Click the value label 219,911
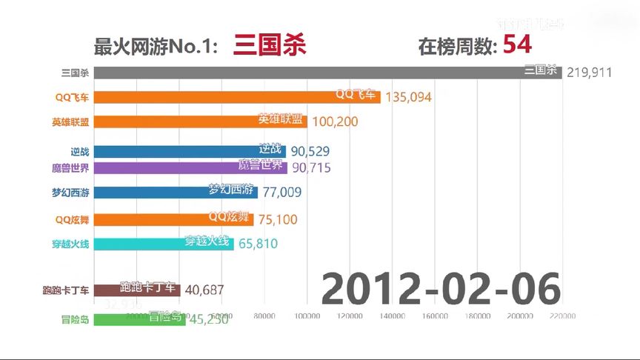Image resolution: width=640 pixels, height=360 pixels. [589, 73]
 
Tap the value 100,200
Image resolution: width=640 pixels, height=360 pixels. [336, 121]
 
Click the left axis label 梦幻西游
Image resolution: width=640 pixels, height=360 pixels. [71, 193]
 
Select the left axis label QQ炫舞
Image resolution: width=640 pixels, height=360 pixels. [72, 219]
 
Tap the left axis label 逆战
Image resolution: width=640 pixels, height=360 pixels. [80, 151]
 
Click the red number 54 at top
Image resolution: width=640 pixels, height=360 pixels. [517, 45]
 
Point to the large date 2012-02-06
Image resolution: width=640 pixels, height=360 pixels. [441, 289]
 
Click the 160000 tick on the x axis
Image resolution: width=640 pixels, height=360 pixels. [434, 316]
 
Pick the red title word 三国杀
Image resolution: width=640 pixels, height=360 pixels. [269, 46]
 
